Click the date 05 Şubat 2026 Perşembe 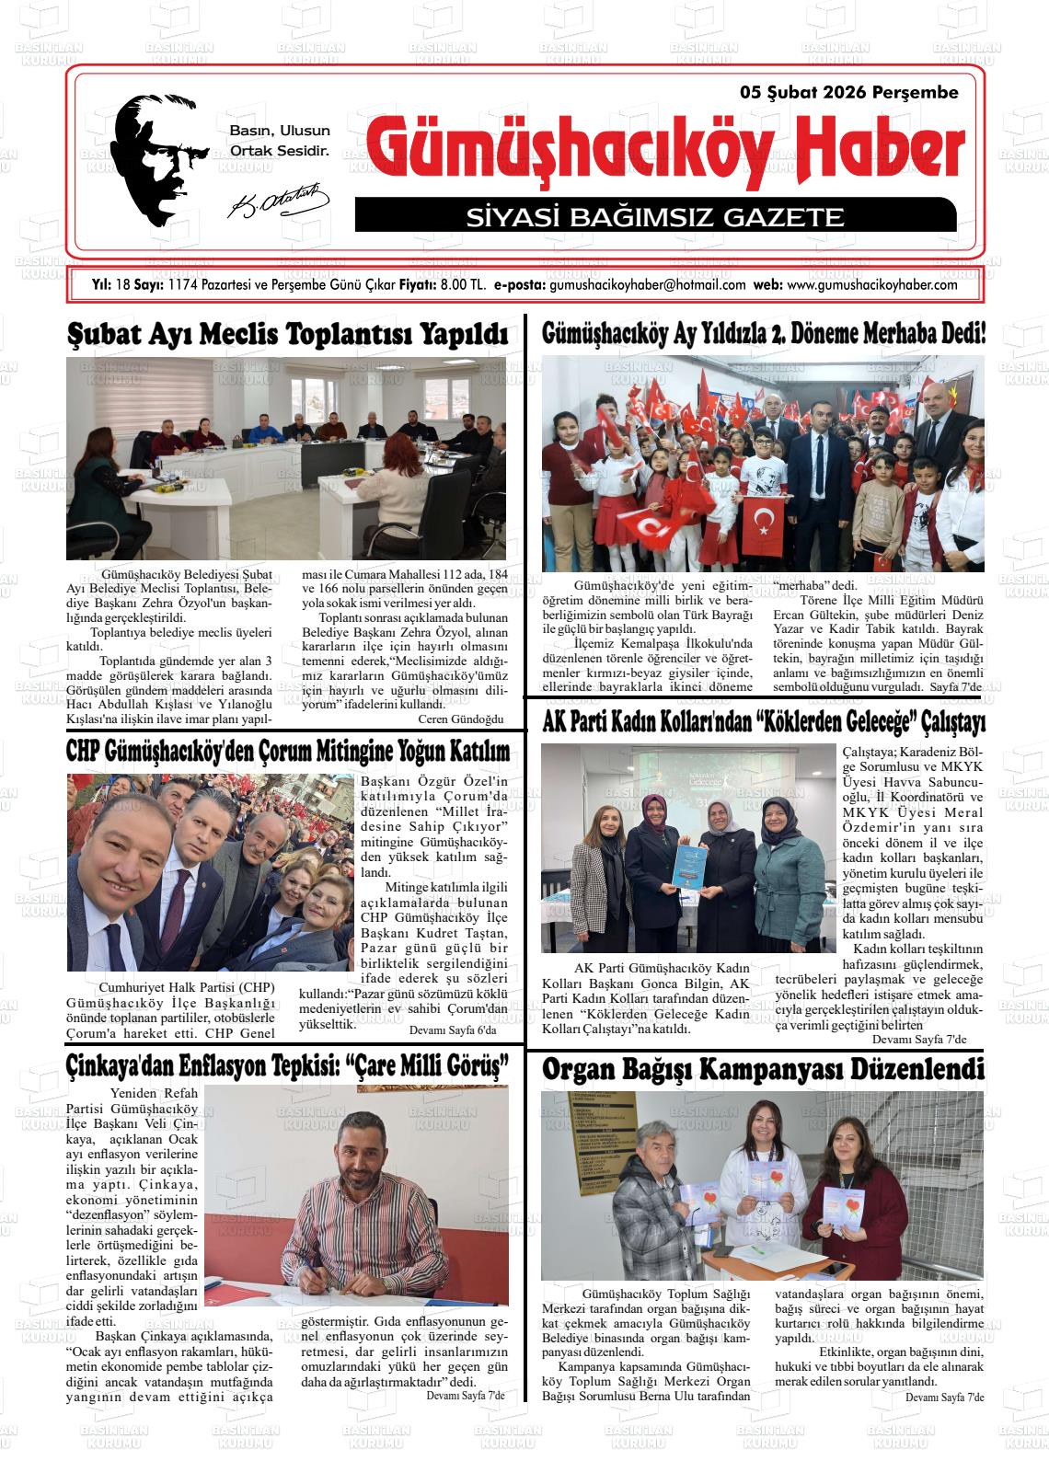[848, 93]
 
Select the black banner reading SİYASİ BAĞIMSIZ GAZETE [654, 217]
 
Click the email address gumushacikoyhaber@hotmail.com [647, 285]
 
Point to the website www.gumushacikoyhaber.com [872, 285]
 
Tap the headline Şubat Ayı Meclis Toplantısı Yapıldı [288, 334]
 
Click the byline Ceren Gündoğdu [461, 719]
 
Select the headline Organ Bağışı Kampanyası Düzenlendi [763, 1070]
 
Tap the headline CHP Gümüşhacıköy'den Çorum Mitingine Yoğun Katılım [288, 752]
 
